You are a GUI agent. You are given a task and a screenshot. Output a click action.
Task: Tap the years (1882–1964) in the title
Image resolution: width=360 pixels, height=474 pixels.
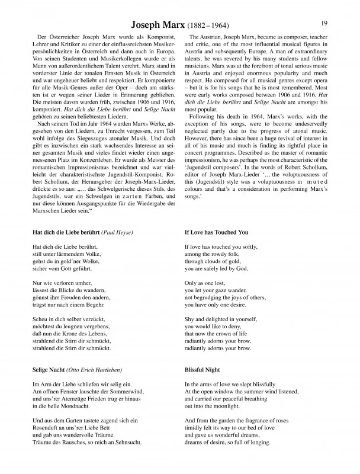(207, 27)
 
